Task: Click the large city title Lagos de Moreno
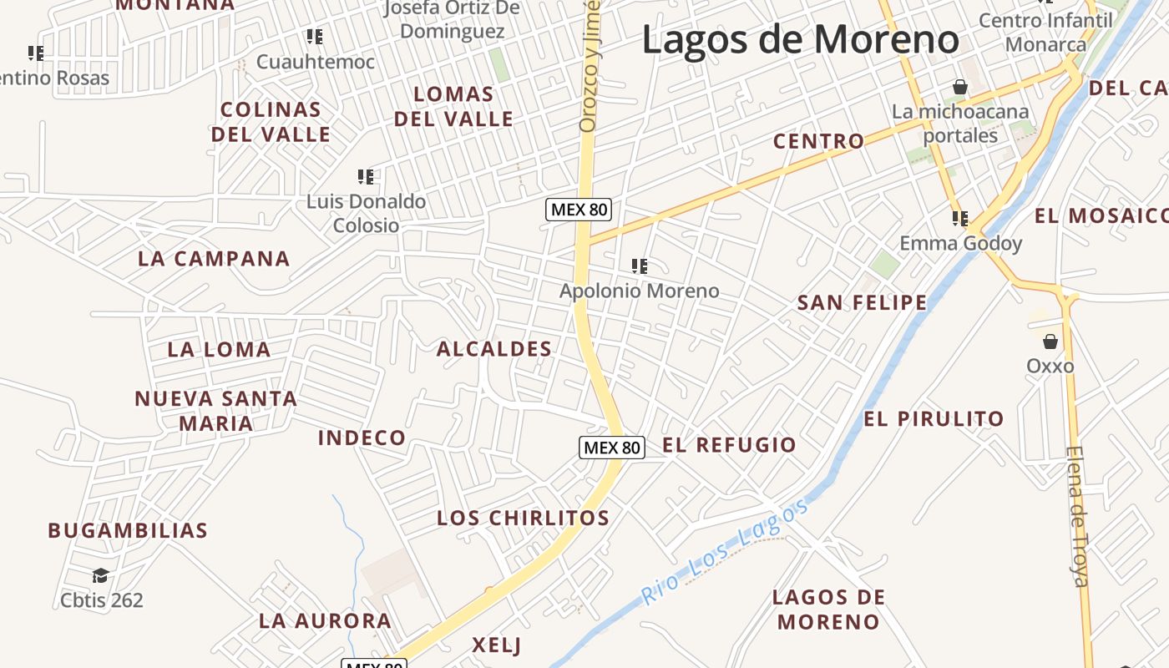click(801, 39)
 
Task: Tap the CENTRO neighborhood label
click(818, 141)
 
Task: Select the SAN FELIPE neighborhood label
click(862, 302)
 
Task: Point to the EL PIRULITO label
click(934, 418)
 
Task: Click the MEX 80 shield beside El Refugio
click(612, 448)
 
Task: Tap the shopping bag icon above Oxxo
click(1050, 342)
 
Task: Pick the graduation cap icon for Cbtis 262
click(101, 575)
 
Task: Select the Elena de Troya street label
click(1077, 516)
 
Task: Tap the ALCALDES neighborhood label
click(494, 349)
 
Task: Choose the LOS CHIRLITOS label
click(523, 518)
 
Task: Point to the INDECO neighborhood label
click(362, 438)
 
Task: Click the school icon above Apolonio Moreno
click(640, 266)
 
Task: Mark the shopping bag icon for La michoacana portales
click(960, 87)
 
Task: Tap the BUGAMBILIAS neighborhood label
click(128, 530)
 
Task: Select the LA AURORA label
click(325, 620)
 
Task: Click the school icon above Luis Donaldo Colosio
click(366, 177)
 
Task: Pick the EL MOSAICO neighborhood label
click(1101, 216)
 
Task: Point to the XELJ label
click(496, 645)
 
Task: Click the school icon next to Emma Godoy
click(960, 219)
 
